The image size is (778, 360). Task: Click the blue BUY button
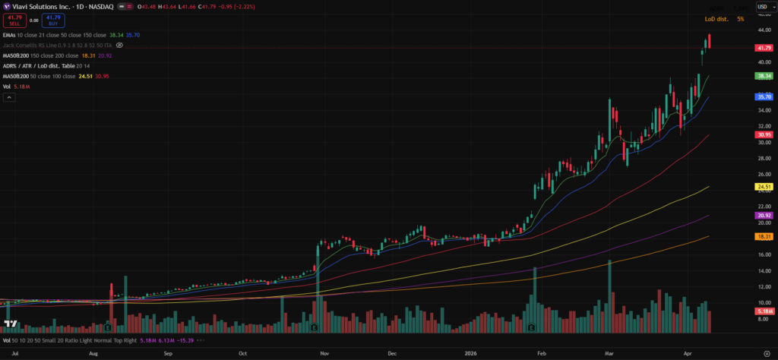click(52, 19)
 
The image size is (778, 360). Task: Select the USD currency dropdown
click(762, 6)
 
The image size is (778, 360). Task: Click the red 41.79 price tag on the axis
click(764, 48)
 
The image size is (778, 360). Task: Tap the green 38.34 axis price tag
click(764, 76)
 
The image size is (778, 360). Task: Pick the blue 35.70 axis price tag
click(764, 97)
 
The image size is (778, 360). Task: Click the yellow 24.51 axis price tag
click(764, 186)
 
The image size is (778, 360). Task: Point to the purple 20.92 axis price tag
click(764, 216)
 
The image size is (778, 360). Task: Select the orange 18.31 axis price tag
click(764, 237)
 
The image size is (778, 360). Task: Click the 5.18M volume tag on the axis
click(764, 311)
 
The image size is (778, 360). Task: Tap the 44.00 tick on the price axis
click(763, 30)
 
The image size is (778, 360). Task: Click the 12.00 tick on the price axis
click(763, 286)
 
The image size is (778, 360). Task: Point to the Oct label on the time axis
click(243, 353)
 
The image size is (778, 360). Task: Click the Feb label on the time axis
click(542, 353)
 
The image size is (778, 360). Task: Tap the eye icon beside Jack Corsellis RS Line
click(119, 46)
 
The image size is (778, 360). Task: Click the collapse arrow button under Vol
click(8, 97)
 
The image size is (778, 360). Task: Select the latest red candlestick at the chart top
click(709, 41)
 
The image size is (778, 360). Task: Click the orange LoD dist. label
click(716, 18)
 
